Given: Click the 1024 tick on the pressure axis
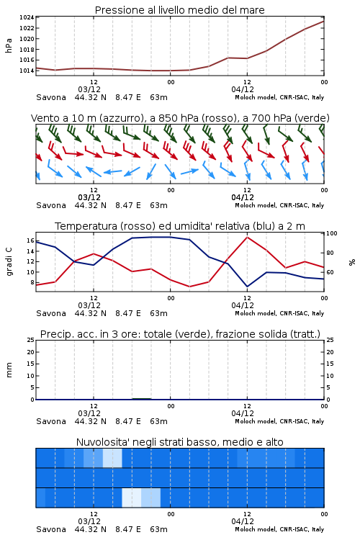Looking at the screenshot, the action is [27, 17].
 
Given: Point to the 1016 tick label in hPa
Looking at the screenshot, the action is [27, 60].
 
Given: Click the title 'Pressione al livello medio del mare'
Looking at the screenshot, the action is [180, 10].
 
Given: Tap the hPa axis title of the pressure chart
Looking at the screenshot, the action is [9, 45].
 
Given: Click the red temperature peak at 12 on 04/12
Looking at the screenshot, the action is [247, 238].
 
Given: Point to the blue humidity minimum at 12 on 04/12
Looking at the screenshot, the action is [247, 286].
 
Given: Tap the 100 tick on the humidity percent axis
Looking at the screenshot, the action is [332, 233].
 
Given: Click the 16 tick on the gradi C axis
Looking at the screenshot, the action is [30, 240].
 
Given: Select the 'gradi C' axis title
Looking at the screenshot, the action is [9, 262].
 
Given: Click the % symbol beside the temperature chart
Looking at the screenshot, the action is [352, 262].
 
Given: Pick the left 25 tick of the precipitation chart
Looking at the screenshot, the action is [31, 341].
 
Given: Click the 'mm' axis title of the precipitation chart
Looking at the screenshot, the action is [9, 370].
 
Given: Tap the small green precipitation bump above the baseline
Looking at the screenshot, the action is [142, 398].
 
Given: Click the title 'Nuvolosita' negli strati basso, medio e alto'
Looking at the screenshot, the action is [180, 442].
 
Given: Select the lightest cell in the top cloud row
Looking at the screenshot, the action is [112, 458].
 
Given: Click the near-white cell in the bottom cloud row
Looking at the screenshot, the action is [132, 498].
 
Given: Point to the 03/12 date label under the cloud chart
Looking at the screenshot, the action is [89, 521].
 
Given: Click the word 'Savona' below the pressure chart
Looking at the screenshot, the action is [51, 97].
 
